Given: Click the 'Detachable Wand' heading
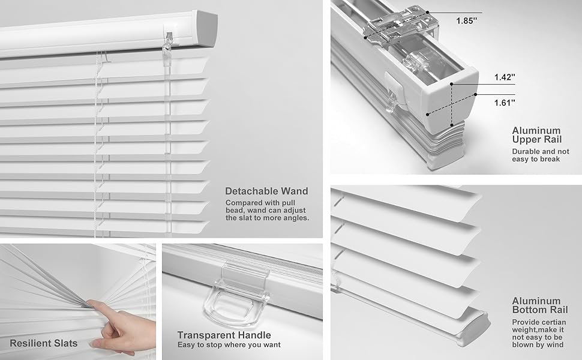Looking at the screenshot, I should pyautogui.click(x=266, y=191).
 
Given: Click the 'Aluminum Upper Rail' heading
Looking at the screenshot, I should pyautogui.click(x=536, y=135).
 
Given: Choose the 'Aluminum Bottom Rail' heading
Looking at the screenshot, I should pyautogui.click(x=536, y=305).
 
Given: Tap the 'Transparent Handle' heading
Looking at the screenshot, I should pyautogui.click(x=224, y=335).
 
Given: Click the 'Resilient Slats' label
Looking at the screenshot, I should pyautogui.click(x=43, y=344).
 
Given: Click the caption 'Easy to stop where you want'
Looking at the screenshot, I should pyautogui.click(x=229, y=345).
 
